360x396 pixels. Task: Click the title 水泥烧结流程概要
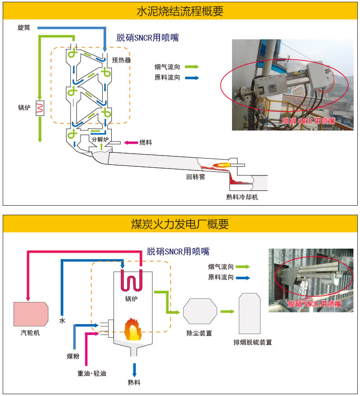click(180, 11)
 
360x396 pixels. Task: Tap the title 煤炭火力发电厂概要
click(180, 224)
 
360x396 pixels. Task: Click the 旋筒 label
click(24, 28)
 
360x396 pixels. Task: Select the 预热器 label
click(121, 60)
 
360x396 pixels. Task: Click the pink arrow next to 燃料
click(131, 143)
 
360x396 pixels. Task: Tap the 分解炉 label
click(100, 139)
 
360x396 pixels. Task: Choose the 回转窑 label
click(196, 177)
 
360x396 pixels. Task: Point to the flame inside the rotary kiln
click(220, 166)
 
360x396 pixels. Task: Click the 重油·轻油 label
click(92, 374)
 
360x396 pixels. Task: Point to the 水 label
click(62, 321)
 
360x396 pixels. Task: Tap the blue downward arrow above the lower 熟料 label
click(134, 369)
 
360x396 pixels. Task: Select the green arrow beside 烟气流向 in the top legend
click(192, 67)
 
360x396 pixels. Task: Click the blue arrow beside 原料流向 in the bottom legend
click(242, 278)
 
